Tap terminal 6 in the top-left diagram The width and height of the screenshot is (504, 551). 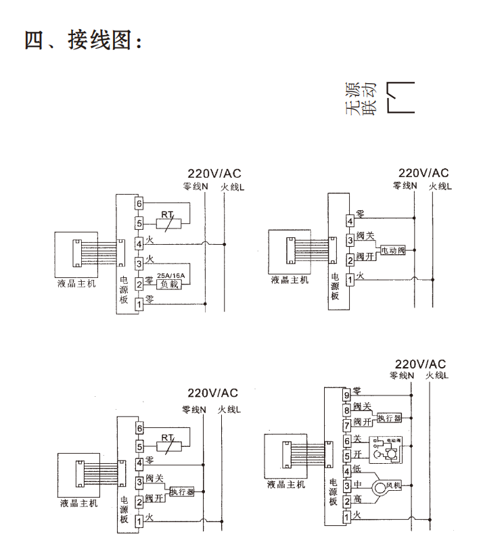pyautogui.click(x=139, y=203)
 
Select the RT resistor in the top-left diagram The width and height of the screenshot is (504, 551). pyautogui.click(x=168, y=222)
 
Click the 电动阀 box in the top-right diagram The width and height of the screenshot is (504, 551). pyautogui.click(x=392, y=250)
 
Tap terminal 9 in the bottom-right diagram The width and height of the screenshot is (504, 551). pyautogui.click(x=346, y=395)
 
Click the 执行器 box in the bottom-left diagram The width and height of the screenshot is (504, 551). pyautogui.click(x=182, y=492)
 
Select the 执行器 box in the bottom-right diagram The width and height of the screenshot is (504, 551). pyautogui.click(x=390, y=417)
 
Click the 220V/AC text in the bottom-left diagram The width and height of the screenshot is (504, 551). pyautogui.click(x=213, y=393)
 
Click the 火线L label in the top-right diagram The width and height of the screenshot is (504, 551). pyautogui.click(x=440, y=185)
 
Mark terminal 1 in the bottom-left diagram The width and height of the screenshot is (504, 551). pyautogui.click(x=139, y=520)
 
